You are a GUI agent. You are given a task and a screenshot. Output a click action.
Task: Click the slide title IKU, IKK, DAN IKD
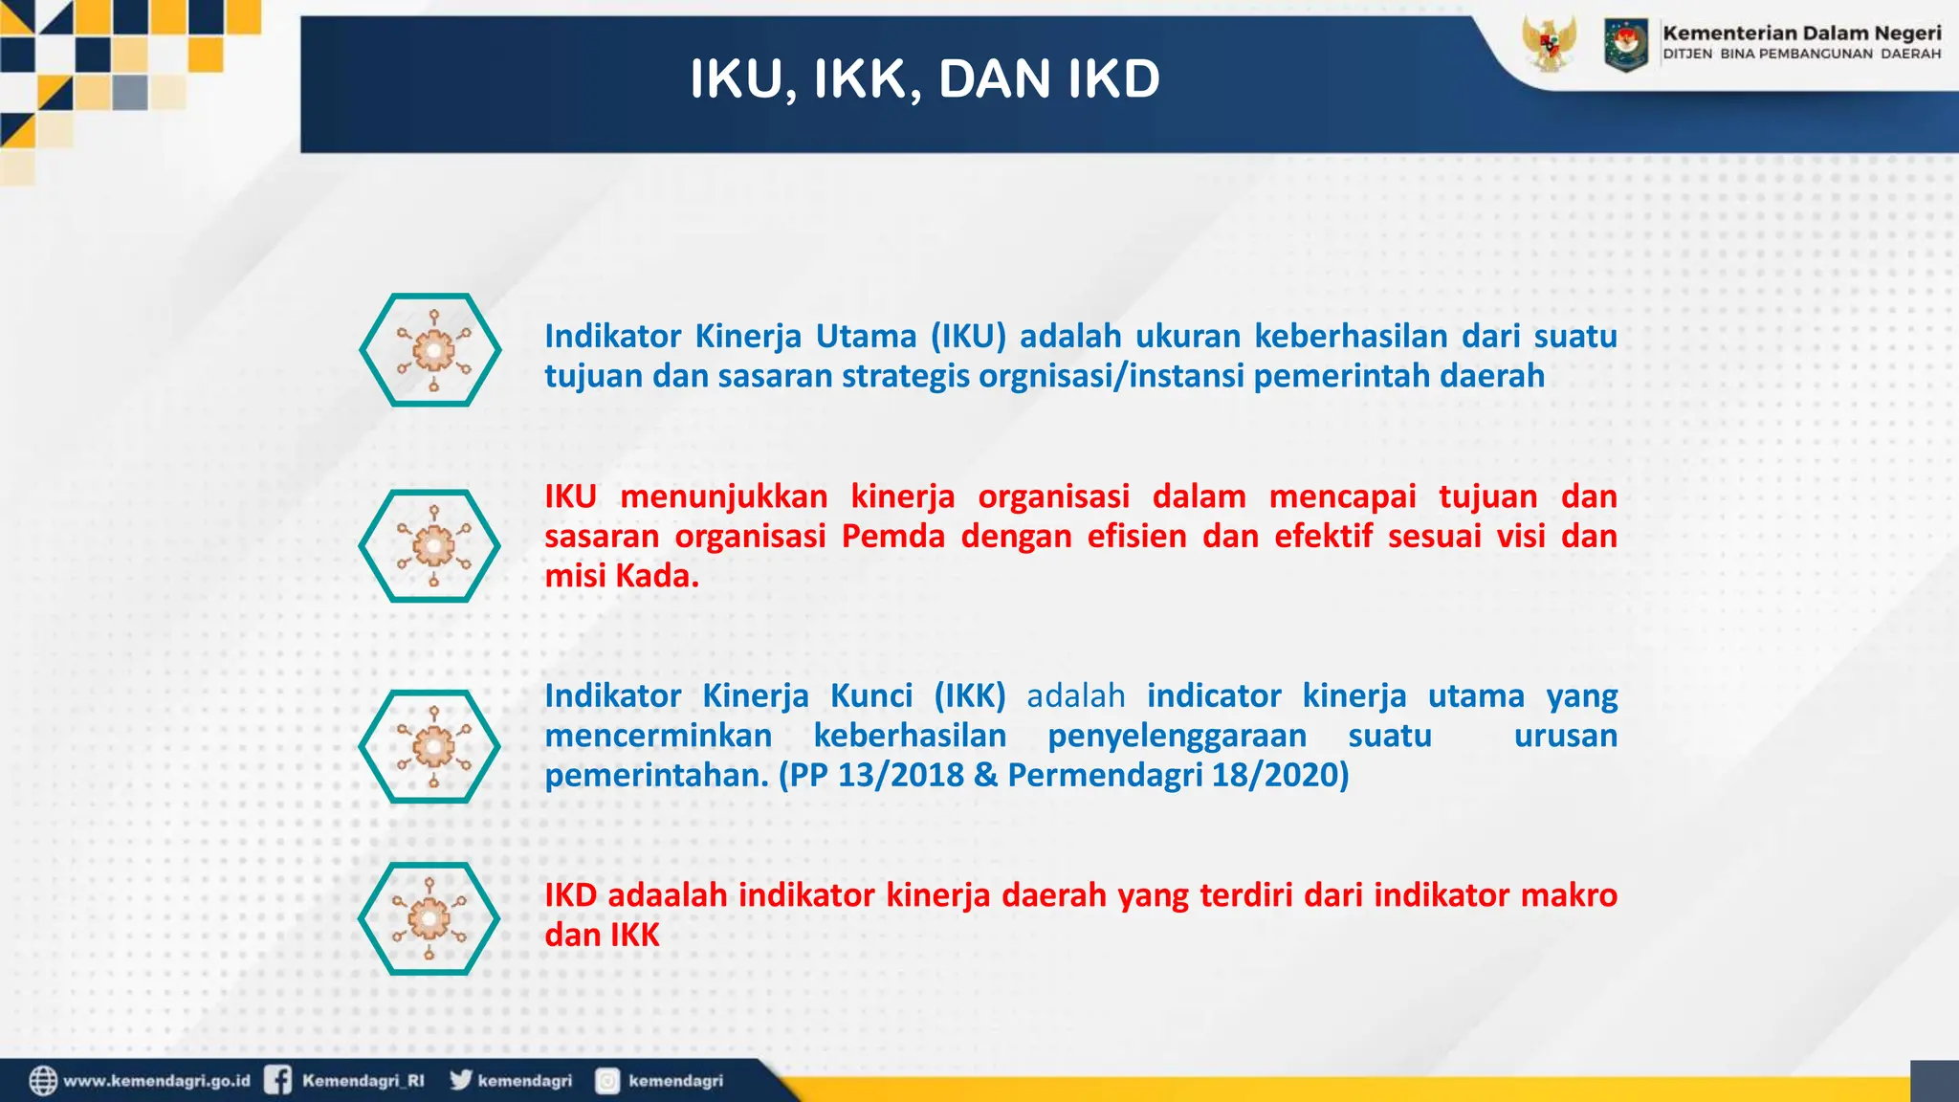coord(924,78)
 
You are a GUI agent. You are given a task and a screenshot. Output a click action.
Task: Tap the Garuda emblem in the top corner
coord(1549,43)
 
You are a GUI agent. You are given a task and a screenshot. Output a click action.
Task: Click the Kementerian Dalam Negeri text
coord(1801,33)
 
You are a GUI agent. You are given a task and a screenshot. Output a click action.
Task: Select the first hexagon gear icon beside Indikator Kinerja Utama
coord(430,350)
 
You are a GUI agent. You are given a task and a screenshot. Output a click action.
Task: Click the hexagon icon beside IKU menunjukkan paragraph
coord(429,546)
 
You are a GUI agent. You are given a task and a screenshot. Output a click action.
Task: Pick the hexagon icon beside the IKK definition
coord(429,746)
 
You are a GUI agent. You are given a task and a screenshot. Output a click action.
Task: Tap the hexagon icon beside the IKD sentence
coord(429,918)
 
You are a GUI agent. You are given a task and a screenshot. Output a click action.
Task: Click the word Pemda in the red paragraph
coord(892,537)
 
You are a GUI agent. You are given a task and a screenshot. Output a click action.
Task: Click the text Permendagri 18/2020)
coord(1178,775)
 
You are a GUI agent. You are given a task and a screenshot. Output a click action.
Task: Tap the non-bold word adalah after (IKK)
coord(1075,696)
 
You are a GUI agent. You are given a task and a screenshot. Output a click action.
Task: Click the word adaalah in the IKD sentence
coord(667,895)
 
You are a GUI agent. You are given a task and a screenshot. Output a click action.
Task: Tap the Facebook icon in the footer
coord(277,1080)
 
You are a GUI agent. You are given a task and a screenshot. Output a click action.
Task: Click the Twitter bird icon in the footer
coord(461,1079)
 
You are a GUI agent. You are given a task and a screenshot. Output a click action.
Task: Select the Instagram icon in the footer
coord(607,1081)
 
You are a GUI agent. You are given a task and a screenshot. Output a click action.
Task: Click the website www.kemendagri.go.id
coord(156,1081)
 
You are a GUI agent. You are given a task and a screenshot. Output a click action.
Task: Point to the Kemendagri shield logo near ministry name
coord(1625,44)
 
